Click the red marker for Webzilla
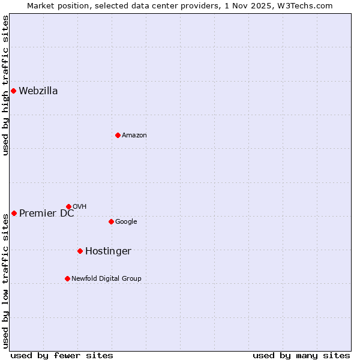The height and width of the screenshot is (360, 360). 13,91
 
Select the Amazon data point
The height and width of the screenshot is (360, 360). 118,135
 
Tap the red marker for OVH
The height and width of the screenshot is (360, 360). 68,206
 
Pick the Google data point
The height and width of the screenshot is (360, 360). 111,221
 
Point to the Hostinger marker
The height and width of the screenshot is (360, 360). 80,251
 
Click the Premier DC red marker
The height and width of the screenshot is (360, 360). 14,213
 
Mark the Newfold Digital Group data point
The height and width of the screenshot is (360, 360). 67,278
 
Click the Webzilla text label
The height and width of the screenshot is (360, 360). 38,91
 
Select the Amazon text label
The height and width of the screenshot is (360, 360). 134,136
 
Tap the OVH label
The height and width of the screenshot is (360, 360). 80,207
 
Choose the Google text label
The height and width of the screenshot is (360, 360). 126,222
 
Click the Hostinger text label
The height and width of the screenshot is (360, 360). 108,251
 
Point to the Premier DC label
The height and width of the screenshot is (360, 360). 47,214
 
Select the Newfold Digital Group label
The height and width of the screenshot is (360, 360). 107,278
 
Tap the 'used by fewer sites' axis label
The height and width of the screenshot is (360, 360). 62,355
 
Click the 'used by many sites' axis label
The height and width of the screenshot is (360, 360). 301,355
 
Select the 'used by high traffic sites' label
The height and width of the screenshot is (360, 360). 6,85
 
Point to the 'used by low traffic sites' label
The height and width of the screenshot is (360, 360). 6,281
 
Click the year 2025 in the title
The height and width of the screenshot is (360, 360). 268,5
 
